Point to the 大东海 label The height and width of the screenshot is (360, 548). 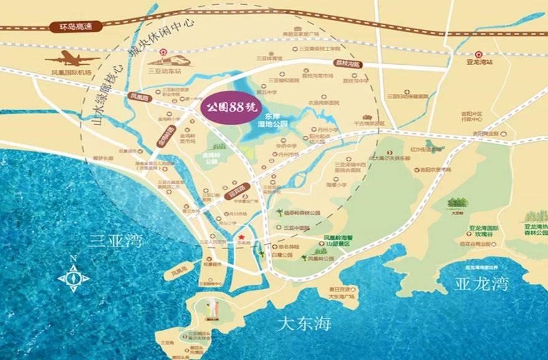coord(305,324)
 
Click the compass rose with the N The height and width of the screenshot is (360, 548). coord(73,278)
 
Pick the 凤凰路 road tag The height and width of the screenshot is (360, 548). coord(139,98)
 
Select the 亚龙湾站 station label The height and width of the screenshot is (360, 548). coord(479,62)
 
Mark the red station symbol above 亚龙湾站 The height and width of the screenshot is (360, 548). coord(479,54)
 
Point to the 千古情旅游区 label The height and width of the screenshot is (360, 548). coord(369,123)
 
